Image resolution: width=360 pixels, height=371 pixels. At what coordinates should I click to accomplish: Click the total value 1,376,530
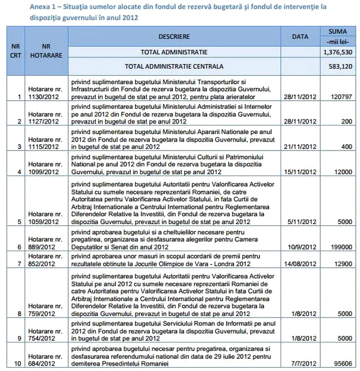click(x=336, y=53)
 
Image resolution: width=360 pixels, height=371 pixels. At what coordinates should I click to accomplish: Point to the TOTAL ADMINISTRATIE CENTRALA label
click(x=181, y=67)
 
